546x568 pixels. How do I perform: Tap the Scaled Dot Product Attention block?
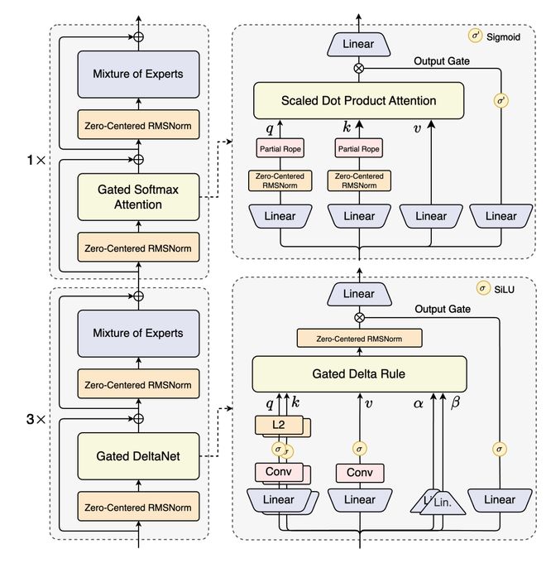point(359,101)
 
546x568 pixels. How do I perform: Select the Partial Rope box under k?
point(359,149)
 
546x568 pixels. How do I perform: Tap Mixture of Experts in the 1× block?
point(138,74)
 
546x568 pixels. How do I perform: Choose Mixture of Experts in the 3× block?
point(138,333)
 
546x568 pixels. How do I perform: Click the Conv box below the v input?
point(359,473)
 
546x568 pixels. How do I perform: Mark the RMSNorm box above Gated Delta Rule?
point(359,338)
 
